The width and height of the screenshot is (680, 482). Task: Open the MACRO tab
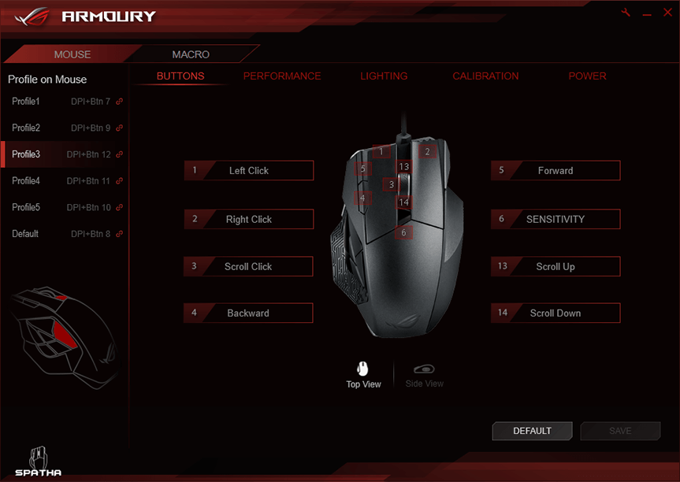[191, 54]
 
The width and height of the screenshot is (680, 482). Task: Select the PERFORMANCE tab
[282, 76]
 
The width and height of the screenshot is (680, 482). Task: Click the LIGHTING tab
[384, 76]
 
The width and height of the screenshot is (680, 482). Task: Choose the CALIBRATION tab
[485, 76]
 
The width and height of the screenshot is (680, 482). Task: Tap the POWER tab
[587, 76]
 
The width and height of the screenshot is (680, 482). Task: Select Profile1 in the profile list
[26, 102]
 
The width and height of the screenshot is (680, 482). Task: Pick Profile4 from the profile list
[26, 181]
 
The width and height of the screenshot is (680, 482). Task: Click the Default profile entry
[25, 234]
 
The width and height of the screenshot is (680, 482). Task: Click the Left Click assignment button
[249, 171]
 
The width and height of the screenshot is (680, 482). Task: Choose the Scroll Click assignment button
[249, 267]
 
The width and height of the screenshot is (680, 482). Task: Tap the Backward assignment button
[249, 313]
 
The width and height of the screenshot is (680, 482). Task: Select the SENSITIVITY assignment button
[556, 220]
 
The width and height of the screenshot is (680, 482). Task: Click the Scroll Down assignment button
[556, 313]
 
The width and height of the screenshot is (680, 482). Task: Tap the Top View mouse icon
[363, 369]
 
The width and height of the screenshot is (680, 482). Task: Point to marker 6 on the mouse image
[403, 233]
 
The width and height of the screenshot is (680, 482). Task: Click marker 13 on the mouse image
[403, 167]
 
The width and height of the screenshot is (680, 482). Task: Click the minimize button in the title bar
[647, 14]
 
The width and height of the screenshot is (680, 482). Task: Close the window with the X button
[666, 14]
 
